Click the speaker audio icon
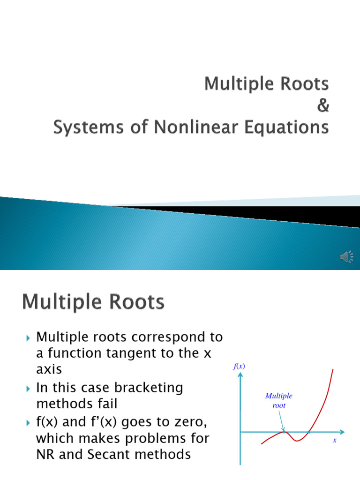point(347,256)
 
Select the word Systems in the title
point(85,127)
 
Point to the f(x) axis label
point(240,367)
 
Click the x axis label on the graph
point(335,441)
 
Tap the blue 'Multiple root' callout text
point(279,401)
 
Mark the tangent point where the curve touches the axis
point(284,432)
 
